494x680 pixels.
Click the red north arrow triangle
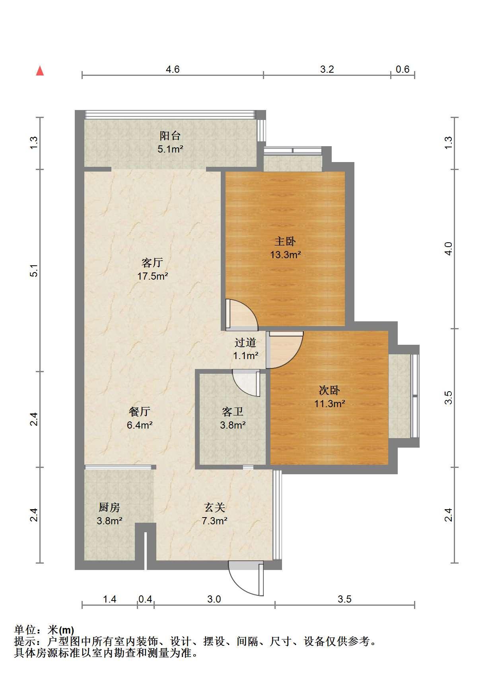[40, 71]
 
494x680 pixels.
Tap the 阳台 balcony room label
[170, 136]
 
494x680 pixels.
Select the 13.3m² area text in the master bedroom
[286, 254]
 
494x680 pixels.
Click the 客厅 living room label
[152, 263]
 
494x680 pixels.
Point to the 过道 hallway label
[245, 342]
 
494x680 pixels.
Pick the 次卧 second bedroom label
[329, 390]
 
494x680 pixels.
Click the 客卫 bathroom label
[233, 411]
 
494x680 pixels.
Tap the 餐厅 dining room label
[139, 411]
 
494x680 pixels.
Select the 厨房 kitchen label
[109, 507]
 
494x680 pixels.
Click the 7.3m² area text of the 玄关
[214, 521]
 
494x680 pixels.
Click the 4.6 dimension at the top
[172, 69]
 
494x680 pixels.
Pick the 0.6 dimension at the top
[402, 69]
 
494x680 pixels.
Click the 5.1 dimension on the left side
[34, 270]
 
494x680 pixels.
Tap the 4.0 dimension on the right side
[448, 249]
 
